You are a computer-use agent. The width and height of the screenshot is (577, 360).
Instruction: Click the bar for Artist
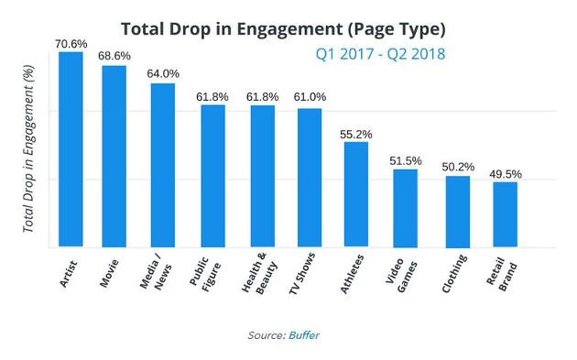[71, 149]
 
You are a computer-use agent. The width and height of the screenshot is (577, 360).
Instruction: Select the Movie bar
[114, 156]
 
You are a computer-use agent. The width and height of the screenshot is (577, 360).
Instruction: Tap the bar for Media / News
[163, 165]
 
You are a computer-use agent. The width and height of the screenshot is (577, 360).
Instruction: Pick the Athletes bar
[356, 194]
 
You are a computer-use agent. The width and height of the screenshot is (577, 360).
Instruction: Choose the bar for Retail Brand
[506, 214]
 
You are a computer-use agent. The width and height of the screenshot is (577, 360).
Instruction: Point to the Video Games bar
[405, 208]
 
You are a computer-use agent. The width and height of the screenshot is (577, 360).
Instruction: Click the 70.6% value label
[71, 44]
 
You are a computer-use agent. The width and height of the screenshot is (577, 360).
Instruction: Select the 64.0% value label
[163, 73]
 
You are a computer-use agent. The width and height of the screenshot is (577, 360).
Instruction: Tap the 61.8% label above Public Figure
[212, 97]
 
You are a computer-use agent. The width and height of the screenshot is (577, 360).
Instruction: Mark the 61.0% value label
[310, 97]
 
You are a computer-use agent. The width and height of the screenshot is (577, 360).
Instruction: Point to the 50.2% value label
[458, 167]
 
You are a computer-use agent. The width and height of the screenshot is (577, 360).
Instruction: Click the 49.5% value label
[506, 174]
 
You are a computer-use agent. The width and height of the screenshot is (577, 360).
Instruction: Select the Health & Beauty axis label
[258, 273]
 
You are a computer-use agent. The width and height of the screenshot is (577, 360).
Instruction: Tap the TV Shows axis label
[302, 273]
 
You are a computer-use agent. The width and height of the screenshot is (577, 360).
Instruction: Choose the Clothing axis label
[454, 273]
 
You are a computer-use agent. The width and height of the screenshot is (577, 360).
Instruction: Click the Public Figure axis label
[205, 274]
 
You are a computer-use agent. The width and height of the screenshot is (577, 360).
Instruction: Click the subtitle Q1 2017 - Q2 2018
[380, 54]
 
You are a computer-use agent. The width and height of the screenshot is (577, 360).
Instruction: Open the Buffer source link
[304, 335]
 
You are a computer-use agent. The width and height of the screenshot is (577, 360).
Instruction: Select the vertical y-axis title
[28, 148]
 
